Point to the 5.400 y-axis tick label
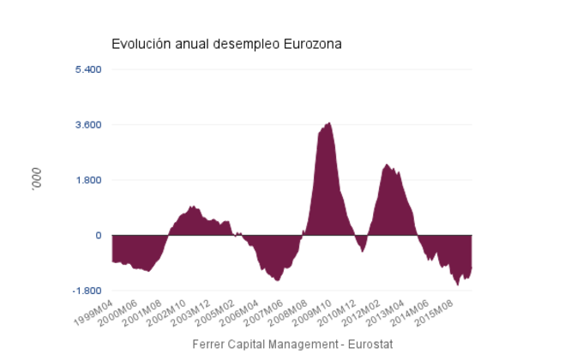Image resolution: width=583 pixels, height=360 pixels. tap(88, 69)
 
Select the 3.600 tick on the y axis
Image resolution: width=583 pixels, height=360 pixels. tap(88, 124)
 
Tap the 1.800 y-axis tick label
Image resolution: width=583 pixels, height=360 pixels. tap(88, 180)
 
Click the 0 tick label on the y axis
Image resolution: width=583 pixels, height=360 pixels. tap(99, 236)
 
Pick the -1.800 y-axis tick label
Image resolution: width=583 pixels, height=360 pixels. tap(87, 291)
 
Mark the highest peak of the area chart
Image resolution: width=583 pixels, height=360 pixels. tap(329, 123)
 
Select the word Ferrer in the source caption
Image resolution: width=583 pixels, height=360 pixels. tap(211, 344)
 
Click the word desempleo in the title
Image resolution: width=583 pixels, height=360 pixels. tap(243, 44)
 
